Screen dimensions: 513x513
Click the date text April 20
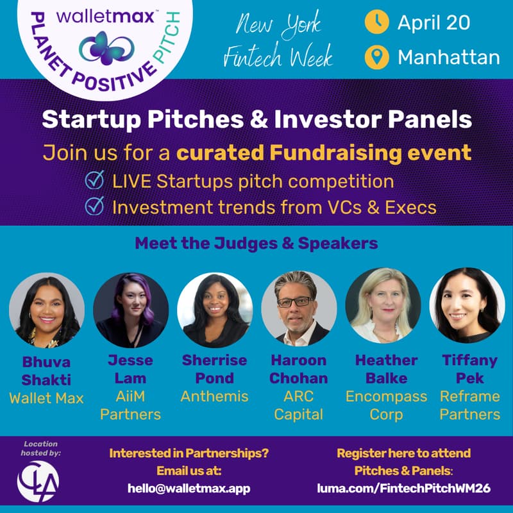[x=433, y=23]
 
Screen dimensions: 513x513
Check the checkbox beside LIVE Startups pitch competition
[x=95, y=181]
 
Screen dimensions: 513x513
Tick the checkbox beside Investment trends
[x=95, y=207]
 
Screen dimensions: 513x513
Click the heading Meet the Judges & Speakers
[x=256, y=244]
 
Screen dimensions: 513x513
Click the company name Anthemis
[x=214, y=396]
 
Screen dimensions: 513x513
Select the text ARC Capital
[x=299, y=405]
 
